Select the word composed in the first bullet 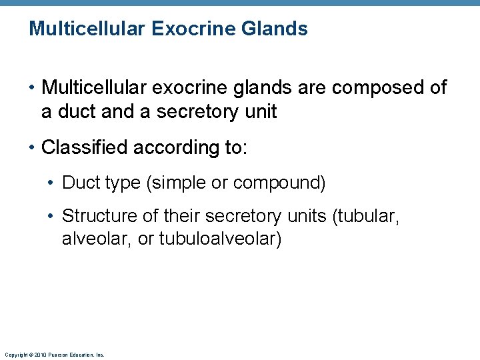[373, 87]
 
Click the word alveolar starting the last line [96, 238]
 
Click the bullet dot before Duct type [53, 182]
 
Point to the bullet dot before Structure [53, 216]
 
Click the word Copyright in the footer [15, 355]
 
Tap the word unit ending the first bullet [259, 111]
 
